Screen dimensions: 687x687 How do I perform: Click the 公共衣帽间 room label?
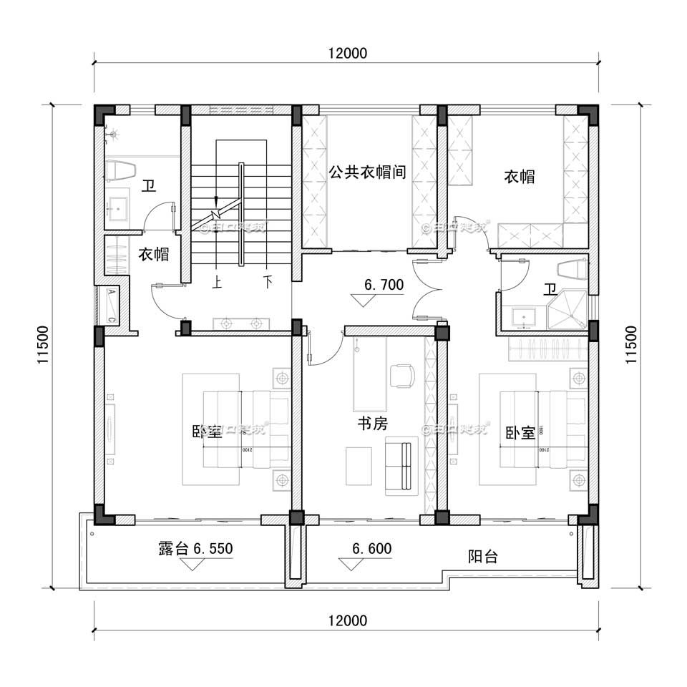(368, 172)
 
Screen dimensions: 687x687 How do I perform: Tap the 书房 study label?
(372, 424)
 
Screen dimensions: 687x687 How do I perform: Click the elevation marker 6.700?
(384, 285)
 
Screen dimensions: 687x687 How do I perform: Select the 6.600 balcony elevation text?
(371, 549)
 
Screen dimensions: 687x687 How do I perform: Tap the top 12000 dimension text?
(347, 53)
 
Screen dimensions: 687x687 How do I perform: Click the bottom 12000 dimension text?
(347, 620)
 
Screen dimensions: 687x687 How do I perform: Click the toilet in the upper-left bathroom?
(120, 170)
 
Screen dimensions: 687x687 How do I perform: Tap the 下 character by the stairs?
(268, 282)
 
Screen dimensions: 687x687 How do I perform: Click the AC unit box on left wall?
(112, 305)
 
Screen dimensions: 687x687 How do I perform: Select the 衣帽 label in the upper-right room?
(519, 176)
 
